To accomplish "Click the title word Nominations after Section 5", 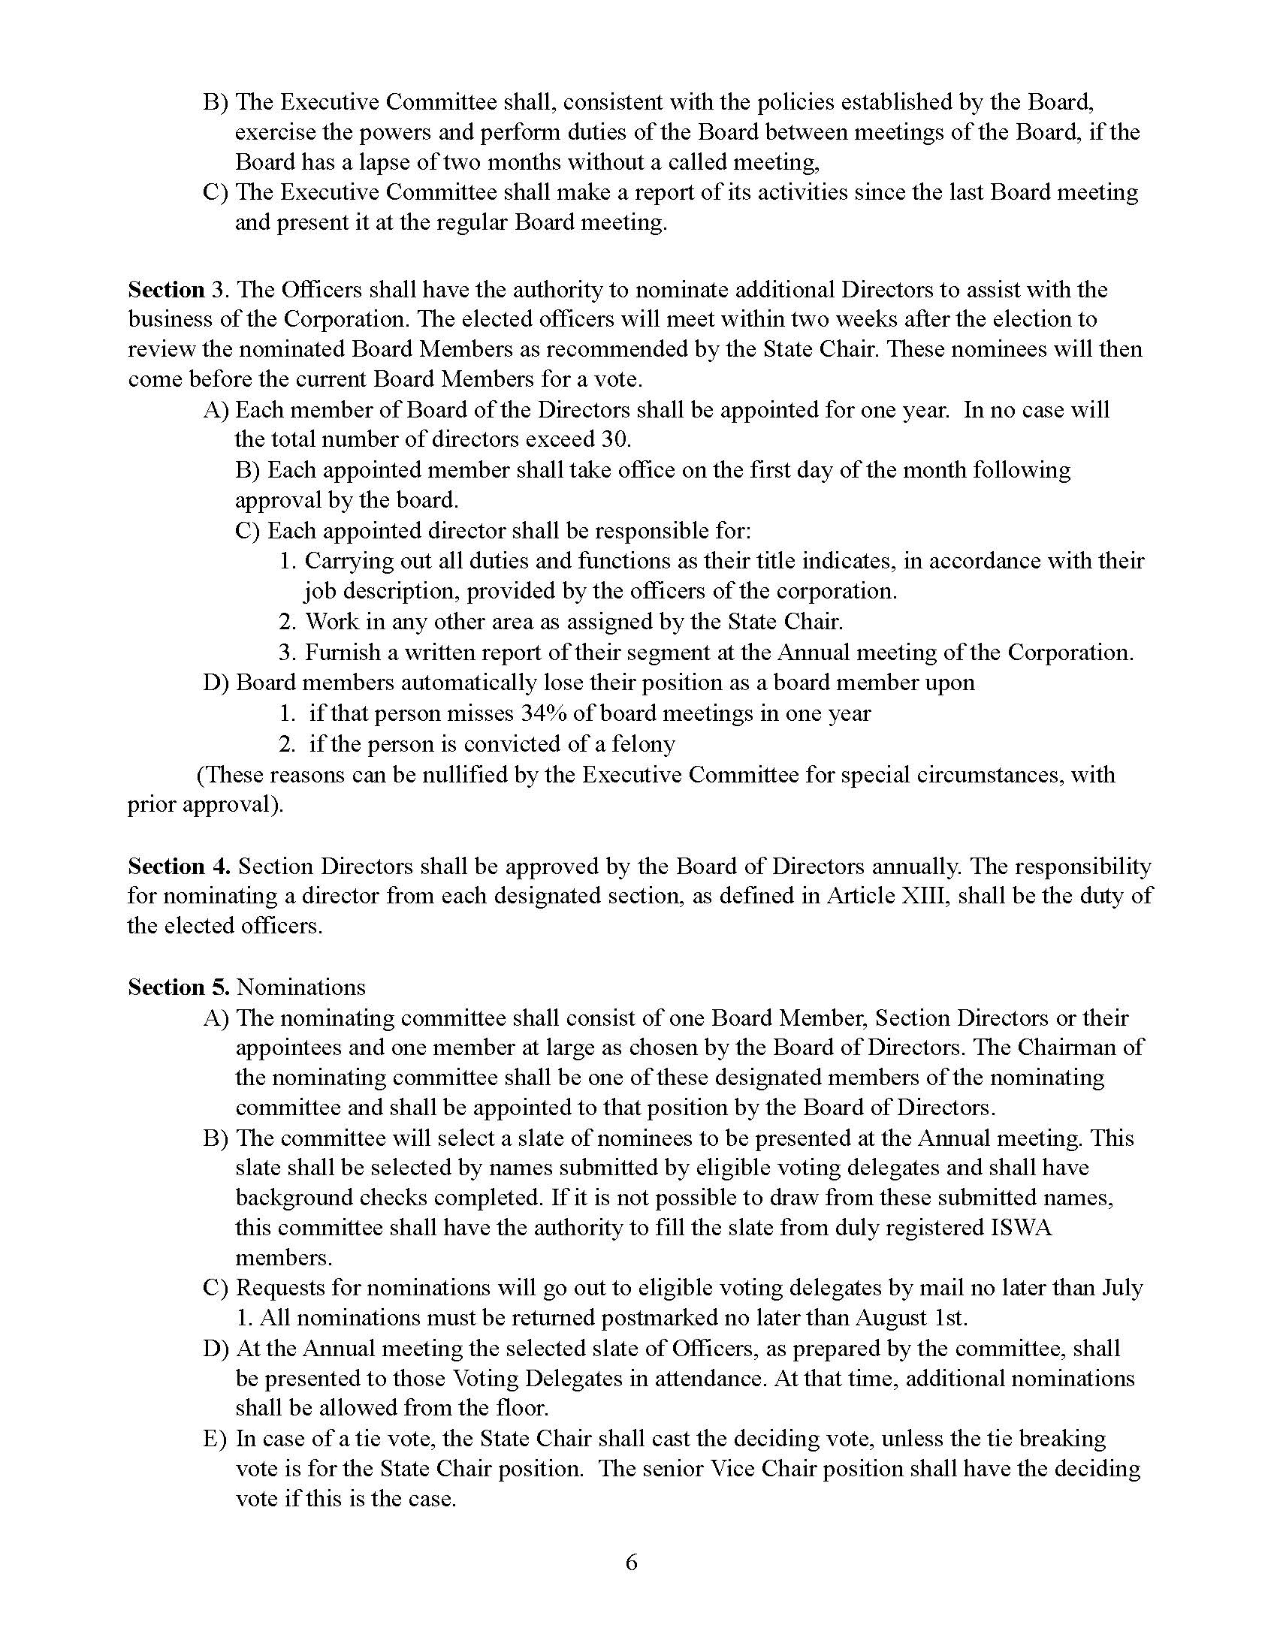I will pos(300,987).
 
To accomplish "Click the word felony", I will pos(642,743).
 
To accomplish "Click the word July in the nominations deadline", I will pos(1123,1287).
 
